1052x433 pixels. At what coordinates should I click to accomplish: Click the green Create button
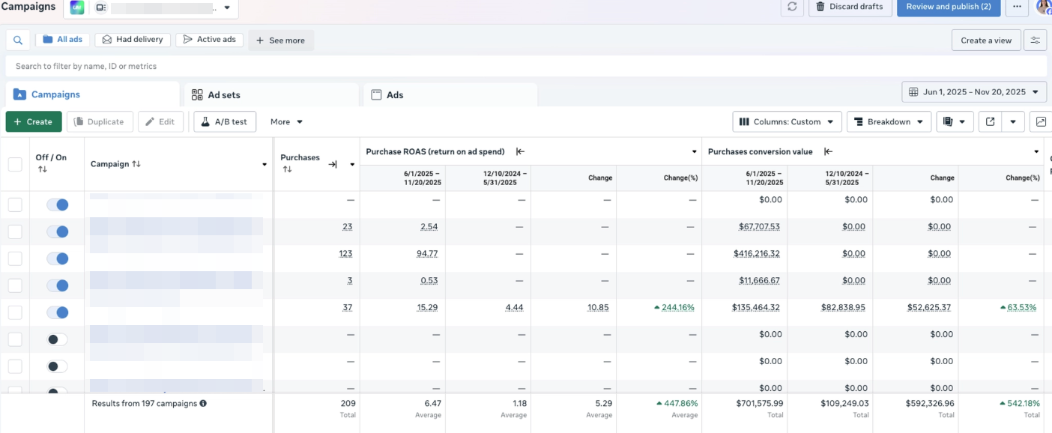pyautogui.click(x=34, y=121)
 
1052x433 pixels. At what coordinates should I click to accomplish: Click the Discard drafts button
pyautogui.click(x=850, y=7)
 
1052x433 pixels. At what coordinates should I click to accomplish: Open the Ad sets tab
pyautogui.click(x=224, y=95)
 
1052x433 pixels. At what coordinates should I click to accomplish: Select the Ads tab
pyautogui.click(x=395, y=95)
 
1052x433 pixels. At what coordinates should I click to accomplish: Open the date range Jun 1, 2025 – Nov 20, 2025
pyautogui.click(x=974, y=92)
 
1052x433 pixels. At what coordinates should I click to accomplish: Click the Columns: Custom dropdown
pyautogui.click(x=787, y=121)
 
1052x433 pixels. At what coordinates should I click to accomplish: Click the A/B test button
pyautogui.click(x=224, y=121)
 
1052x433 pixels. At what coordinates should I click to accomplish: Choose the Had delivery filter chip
pyautogui.click(x=134, y=40)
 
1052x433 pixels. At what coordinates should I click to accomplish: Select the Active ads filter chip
pyautogui.click(x=209, y=40)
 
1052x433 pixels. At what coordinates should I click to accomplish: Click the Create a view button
pyautogui.click(x=986, y=40)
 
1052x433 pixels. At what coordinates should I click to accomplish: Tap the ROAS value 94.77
pyautogui.click(x=427, y=254)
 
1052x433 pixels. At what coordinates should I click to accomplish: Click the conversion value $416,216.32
pyautogui.click(x=756, y=254)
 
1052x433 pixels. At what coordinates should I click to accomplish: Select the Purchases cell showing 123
pyautogui.click(x=345, y=254)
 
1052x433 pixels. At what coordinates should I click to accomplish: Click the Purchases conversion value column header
pyautogui.click(x=760, y=151)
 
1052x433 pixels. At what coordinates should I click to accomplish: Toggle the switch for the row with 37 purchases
pyautogui.click(x=57, y=312)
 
